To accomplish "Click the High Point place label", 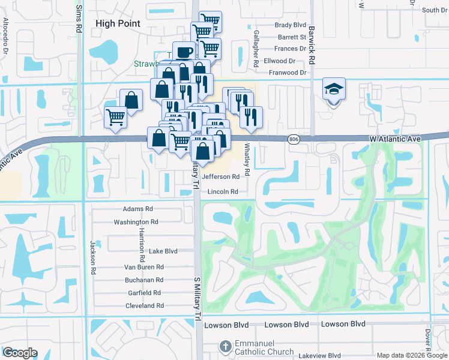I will point(118,23).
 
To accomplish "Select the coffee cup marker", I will point(184,52).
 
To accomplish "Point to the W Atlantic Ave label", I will point(395,139).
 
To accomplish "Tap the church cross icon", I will point(224,347).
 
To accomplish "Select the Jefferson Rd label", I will point(224,176).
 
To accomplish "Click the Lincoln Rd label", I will point(223,192).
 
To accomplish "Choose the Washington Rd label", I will point(136,222).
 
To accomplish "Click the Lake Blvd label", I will point(163,251).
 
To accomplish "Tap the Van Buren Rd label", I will point(143,267).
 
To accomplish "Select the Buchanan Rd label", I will point(144,280).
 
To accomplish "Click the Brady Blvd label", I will point(291,25).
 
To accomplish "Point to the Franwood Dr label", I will point(287,73).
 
